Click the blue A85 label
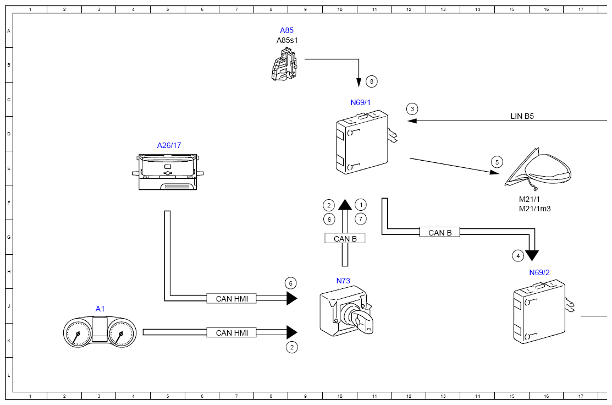286,30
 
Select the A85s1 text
287,40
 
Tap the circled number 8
372,81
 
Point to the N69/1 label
360,103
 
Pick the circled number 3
412,109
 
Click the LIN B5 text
522,117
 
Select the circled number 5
497,162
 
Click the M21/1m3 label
534,209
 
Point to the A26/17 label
169,146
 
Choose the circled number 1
361,205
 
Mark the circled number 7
361,219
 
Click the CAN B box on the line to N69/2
440,232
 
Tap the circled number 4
518,256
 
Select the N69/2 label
539,272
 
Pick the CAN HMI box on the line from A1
232,333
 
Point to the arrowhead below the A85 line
359,83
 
